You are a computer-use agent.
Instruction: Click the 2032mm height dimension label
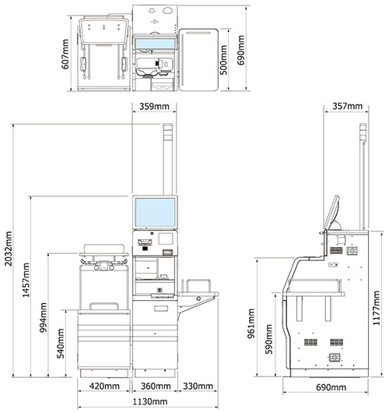pos(9,249)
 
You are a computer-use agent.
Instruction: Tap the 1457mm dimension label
pos(26,280)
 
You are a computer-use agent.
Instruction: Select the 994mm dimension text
pos(44,318)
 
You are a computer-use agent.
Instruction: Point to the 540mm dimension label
pos(61,344)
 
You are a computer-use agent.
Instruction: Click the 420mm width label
pos(104,387)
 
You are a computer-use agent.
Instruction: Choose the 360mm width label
pos(156,387)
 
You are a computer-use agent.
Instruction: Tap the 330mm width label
pos(198,387)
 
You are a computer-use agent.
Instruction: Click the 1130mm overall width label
pos(149,401)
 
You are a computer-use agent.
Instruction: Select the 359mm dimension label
pos(154,107)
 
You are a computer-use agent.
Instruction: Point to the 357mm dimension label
pos(347,106)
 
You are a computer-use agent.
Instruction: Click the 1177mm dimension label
pos(377,308)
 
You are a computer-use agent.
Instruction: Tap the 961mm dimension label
pos(251,323)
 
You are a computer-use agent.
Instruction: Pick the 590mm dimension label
pos(269,339)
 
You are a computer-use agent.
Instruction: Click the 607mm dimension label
pos(65,55)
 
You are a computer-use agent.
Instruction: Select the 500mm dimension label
pos(223,60)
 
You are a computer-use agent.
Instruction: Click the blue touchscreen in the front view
pos(155,212)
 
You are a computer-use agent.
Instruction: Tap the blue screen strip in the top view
pos(155,44)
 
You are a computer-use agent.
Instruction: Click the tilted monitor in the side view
pos(331,213)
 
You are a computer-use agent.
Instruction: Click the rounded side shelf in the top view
pos(198,60)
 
